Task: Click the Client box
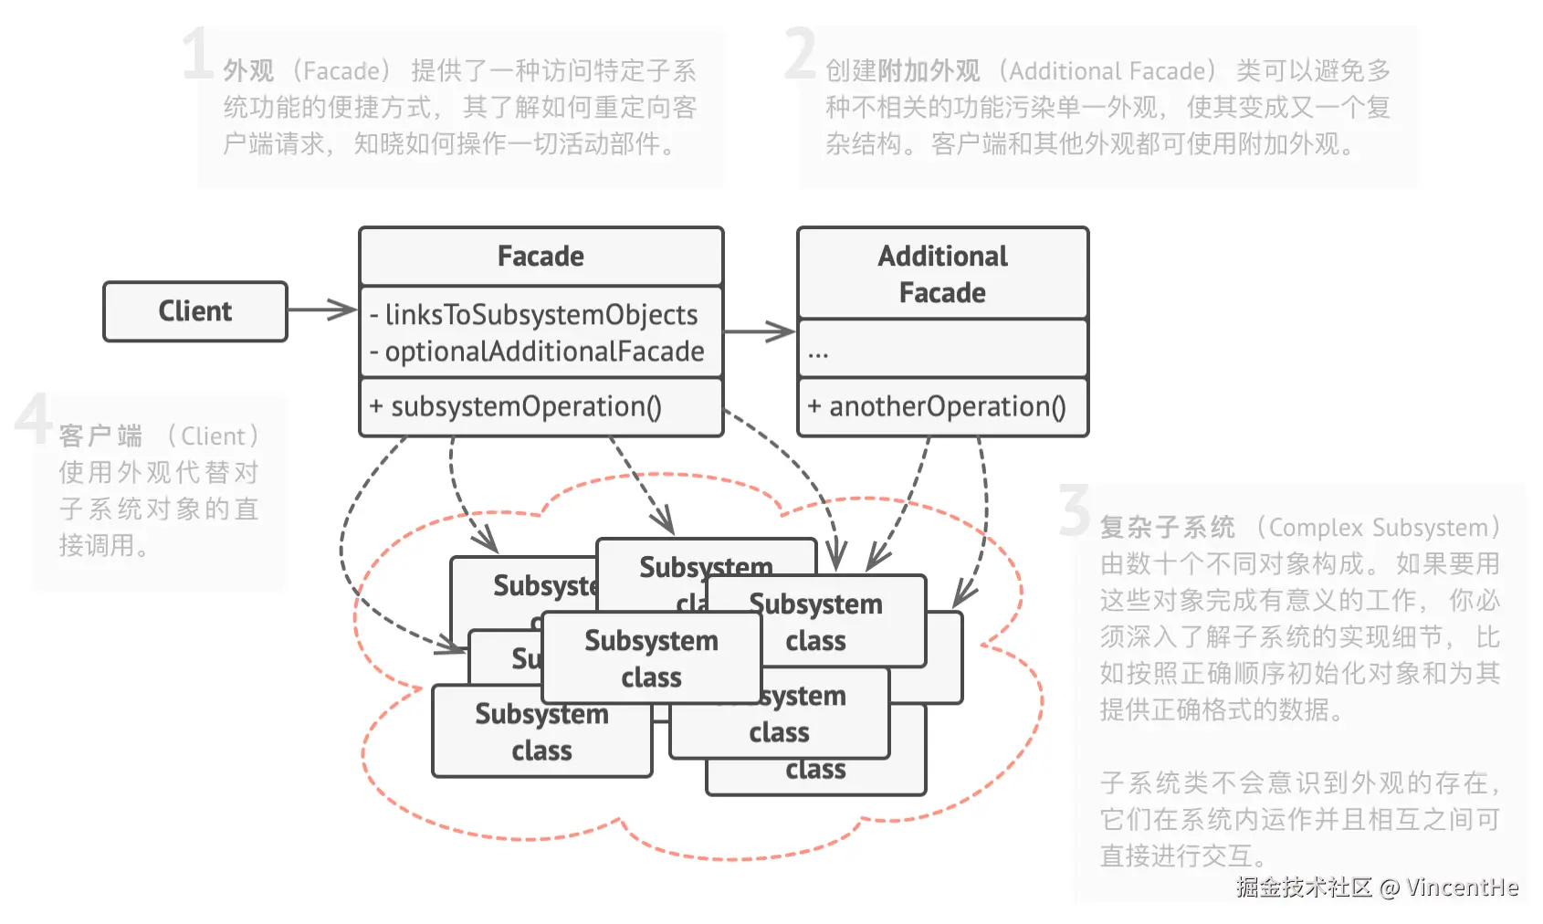195,311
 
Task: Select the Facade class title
541,257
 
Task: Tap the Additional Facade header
942,274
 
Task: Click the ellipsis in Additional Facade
818,353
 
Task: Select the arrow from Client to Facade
322,310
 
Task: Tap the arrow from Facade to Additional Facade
760,331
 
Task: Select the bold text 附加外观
929,71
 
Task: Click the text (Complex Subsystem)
1379,528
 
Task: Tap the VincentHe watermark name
1462,887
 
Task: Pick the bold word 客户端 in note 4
100,436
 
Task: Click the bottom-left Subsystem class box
541,733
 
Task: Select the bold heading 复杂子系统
1167,528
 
